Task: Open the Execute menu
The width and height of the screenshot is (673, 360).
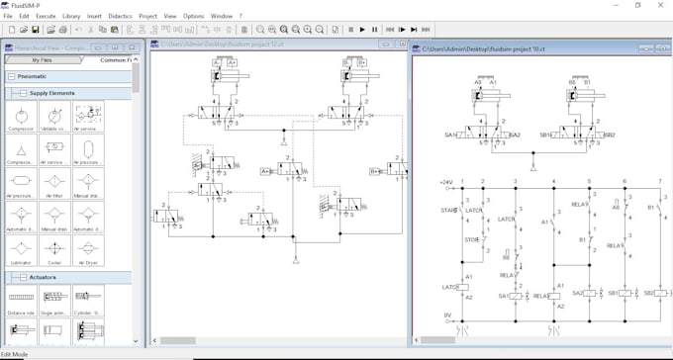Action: click(x=46, y=16)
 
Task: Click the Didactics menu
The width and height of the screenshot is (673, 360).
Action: click(x=119, y=16)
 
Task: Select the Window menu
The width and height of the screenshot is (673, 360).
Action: click(x=222, y=16)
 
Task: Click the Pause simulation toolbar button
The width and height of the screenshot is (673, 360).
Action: click(x=375, y=30)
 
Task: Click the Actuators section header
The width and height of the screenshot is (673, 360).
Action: click(x=43, y=277)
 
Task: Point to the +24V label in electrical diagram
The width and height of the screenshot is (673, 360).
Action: click(x=445, y=183)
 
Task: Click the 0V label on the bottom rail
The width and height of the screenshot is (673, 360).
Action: click(x=447, y=315)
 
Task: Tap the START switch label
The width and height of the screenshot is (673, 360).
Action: click(x=449, y=210)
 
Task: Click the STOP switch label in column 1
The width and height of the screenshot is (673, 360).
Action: click(x=472, y=239)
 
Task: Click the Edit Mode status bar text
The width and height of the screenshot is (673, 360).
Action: click(x=15, y=354)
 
